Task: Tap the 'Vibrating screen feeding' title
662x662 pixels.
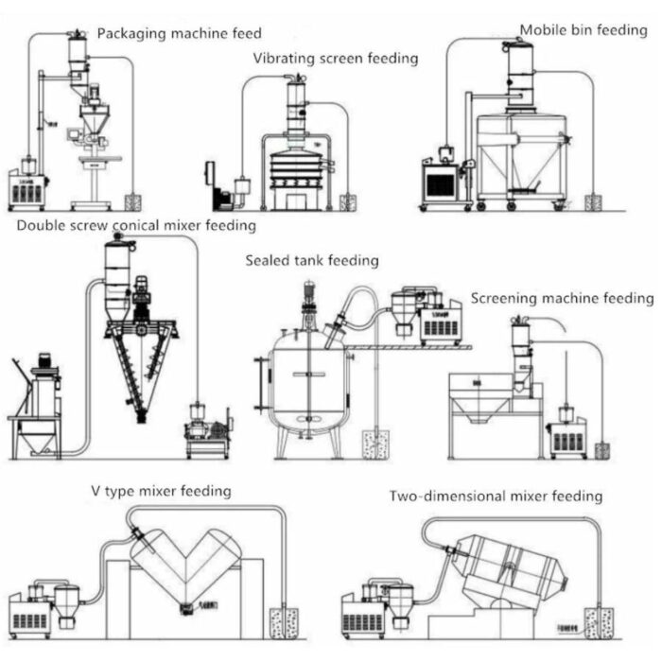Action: [x=335, y=59]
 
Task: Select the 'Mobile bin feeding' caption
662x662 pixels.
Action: [x=583, y=30]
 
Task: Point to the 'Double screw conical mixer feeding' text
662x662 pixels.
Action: [x=136, y=226]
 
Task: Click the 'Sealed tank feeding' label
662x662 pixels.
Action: [x=312, y=260]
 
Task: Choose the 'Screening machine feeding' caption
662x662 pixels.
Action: [x=562, y=298]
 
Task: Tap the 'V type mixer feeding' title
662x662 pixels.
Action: [x=161, y=491]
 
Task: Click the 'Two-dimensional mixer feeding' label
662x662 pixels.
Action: [x=496, y=496]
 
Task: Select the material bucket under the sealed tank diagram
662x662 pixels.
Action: [x=375, y=444]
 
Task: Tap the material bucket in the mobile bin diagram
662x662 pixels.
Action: [x=594, y=202]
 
